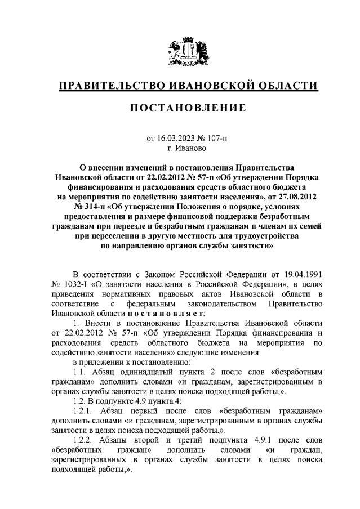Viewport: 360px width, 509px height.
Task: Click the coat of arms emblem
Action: pyautogui.click(x=181, y=52)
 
